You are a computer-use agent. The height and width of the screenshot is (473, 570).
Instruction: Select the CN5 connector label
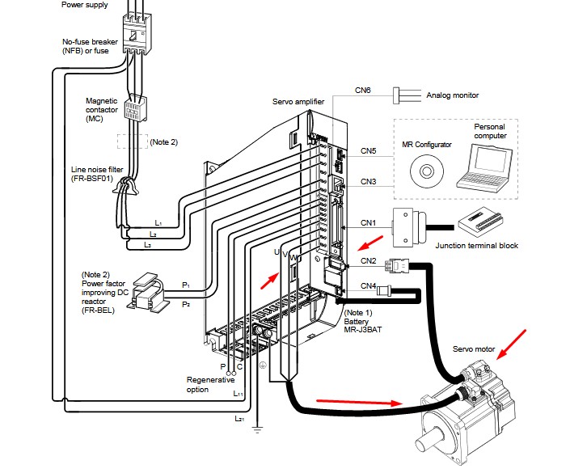point(369,151)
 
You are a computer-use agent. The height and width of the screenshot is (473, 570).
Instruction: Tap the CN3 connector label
point(369,181)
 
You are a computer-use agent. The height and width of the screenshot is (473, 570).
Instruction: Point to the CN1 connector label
point(369,222)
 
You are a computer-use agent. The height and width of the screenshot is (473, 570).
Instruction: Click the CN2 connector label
point(369,260)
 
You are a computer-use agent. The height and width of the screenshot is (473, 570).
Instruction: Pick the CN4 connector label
point(369,285)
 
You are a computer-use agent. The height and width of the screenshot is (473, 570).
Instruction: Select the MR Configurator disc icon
point(425,170)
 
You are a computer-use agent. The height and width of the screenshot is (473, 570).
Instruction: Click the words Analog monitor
point(453,95)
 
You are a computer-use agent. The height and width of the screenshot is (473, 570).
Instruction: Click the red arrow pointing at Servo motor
point(513,341)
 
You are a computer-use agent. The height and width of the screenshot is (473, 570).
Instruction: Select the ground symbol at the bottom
point(256,429)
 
